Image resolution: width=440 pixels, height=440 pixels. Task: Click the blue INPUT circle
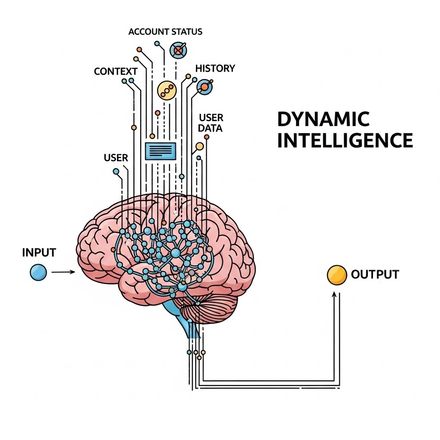(x=38, y=272)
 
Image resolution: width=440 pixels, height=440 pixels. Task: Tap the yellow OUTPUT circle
(x=336, y=275)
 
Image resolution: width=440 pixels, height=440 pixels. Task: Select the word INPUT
(x=39, y=252)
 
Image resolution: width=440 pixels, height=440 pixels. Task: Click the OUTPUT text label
(x=375, y=274)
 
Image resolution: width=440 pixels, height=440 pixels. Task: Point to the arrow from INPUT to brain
(x=63, y=272)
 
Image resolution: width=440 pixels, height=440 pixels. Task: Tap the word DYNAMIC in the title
(x=323, y=119)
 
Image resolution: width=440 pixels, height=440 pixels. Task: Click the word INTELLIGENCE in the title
(x=345, y=141)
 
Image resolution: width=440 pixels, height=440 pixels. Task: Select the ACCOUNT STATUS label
(x=165, y=32)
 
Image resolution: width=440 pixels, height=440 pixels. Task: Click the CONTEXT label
(x=116, y=71)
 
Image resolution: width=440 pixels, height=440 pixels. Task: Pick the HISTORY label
(x=215, y=68)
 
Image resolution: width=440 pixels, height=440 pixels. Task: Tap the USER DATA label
(x=211, y=122)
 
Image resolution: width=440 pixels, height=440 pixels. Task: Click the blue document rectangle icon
(x=161, y=151)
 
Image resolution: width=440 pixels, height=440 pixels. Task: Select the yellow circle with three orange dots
(x=167, y=89)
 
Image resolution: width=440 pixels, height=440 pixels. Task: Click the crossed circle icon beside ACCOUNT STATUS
(x=178, y=50)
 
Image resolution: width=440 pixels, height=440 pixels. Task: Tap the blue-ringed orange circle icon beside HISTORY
(x=204, y=87)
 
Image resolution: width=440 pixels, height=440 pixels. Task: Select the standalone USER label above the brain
(x=116, y=158)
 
